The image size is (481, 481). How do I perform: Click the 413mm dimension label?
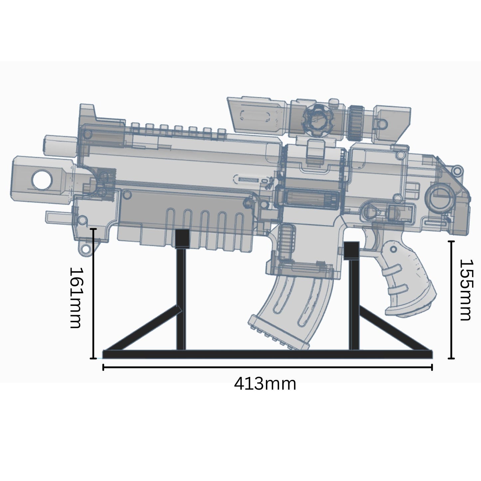[x=265, y=384]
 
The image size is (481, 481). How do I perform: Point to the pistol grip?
[x=408, y=280]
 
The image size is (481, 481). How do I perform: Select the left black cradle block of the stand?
[x=182, y=238]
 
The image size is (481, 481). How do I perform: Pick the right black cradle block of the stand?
[x=351, y=250]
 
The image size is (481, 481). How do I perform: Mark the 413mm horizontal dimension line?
[x=266, y=367]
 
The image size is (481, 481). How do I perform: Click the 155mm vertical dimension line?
[x=451, y=300]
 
